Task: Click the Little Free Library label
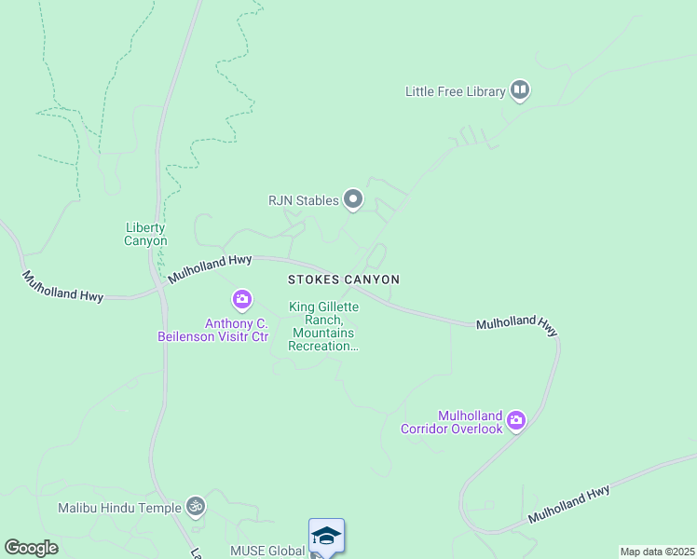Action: tap(455, 91)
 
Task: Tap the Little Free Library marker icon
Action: tap(520, 90)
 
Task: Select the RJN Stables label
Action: tap(302, 199)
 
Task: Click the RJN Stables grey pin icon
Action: tap(352, 198)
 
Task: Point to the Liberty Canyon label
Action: tap(145, 234)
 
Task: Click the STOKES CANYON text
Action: tap(343, 279)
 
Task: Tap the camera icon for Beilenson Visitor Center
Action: tap(241, 299)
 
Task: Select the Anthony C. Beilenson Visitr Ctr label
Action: tap(237, 330)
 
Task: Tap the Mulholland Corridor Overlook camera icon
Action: tap(515, 420)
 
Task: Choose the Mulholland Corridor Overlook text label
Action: tap(452, 422)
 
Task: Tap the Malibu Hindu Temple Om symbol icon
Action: tap(195, 506)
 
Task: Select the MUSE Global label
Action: tap(267, 551)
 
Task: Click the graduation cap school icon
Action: tap(326, 536)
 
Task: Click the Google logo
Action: tap(31, 548)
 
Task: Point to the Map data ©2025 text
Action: tap(657, 552)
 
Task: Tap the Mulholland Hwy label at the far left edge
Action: tap(62, 285)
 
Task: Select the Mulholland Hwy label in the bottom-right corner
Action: tap(569, 504)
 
